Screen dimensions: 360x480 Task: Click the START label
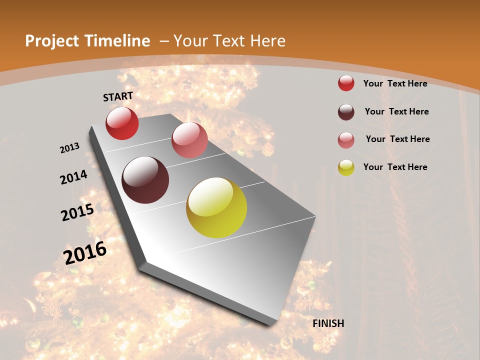[118, 96]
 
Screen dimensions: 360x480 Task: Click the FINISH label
[328, 323]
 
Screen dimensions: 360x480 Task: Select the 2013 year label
[70, 148]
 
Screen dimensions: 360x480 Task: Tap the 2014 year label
[74, 177]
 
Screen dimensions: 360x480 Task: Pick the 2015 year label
[77, 212]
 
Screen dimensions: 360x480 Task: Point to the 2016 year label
[85, 252]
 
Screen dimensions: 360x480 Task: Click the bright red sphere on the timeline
[122, 123]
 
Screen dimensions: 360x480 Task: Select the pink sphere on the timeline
[189, 140]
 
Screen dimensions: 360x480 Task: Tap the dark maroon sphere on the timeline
[145, 180]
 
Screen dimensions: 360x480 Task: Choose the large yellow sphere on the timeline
[216, 207]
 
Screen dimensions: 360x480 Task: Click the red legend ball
[346, 83]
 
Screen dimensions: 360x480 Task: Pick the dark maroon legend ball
[346, 112]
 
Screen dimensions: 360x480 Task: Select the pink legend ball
[346, 140]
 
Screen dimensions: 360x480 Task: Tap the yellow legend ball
[346, 167]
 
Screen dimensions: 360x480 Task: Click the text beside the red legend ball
[395, 83]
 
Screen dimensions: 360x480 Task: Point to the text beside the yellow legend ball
[395, 167]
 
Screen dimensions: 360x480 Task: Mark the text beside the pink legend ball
[398, 139]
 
